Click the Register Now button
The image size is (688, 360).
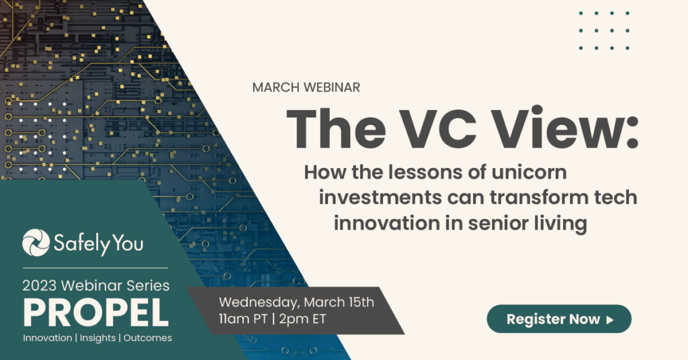pyautogui.click(x=559, y=319)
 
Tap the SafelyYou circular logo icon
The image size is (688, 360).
pyautogui.click(x=36, y=242)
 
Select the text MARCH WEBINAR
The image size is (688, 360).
pyautogui.click(x=306, y=87)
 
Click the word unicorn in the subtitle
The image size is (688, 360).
pyautogui.click(x=529, y=172)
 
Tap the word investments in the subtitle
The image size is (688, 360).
pyautogui.click(x=380, y=197)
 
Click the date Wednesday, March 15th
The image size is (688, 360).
pyautogui.click(x=296, y=302)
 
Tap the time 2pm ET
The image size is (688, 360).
pyautogui.click(x=302, y=319)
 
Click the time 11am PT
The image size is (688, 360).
pyautogui.click(x=243, y=319)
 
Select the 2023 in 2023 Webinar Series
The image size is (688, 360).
pyautogui.click(x=40, y=286)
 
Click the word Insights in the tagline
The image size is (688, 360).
pyautogui.click(x=98, y=338)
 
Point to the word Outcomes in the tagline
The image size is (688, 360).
pyautogui.click(x=148, y=338)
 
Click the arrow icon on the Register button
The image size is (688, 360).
pyautogui.click(x=609, y=320)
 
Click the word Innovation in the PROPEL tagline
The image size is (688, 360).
pyautogui.click(x=48, y=338)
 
